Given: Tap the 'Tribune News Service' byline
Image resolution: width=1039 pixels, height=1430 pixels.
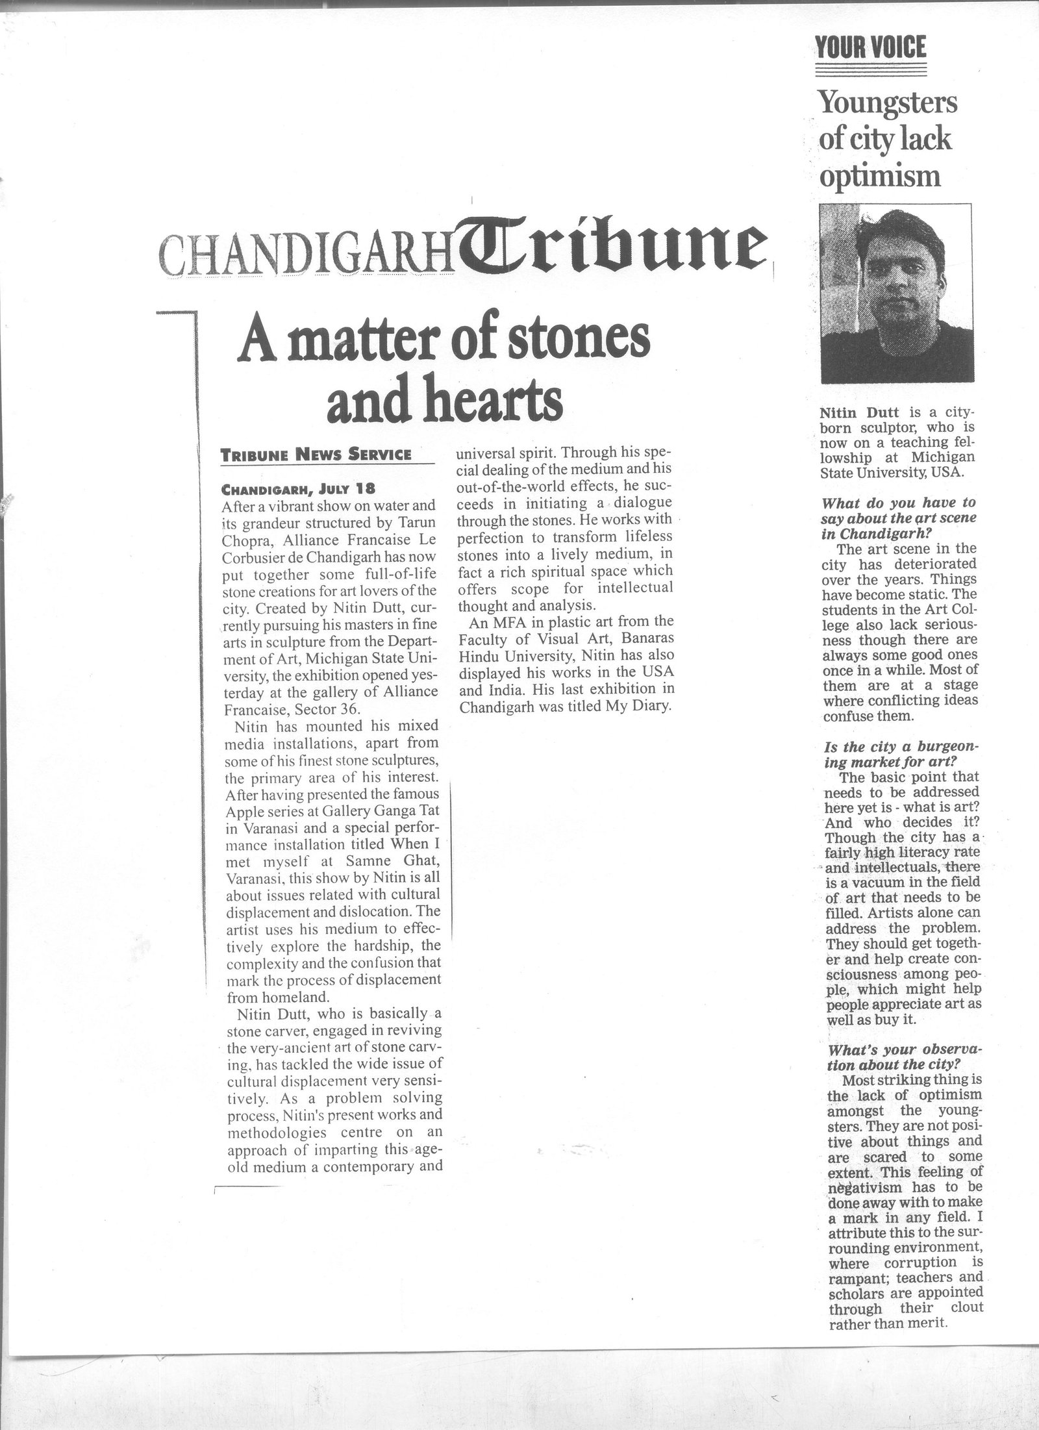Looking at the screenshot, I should pyautogui.click(x=317, y=455).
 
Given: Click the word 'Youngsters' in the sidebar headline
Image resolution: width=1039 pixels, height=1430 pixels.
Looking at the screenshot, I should pyautogui.click(x=888, y=103).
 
